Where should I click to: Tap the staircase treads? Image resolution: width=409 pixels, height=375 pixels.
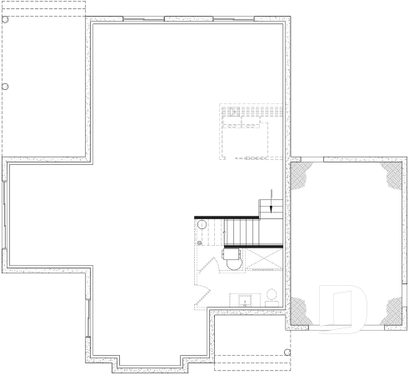242,231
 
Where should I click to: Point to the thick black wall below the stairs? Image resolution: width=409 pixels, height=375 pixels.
253,247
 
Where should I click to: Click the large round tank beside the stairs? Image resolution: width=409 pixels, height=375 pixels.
202,226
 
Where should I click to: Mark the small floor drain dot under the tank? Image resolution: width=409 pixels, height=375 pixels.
200,243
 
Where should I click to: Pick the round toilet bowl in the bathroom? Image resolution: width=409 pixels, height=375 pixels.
271,295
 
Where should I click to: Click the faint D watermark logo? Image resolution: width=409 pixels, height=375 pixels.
346,311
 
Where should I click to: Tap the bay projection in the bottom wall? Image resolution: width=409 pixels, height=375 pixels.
150,364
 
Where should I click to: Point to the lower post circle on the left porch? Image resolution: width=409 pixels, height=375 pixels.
4,86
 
